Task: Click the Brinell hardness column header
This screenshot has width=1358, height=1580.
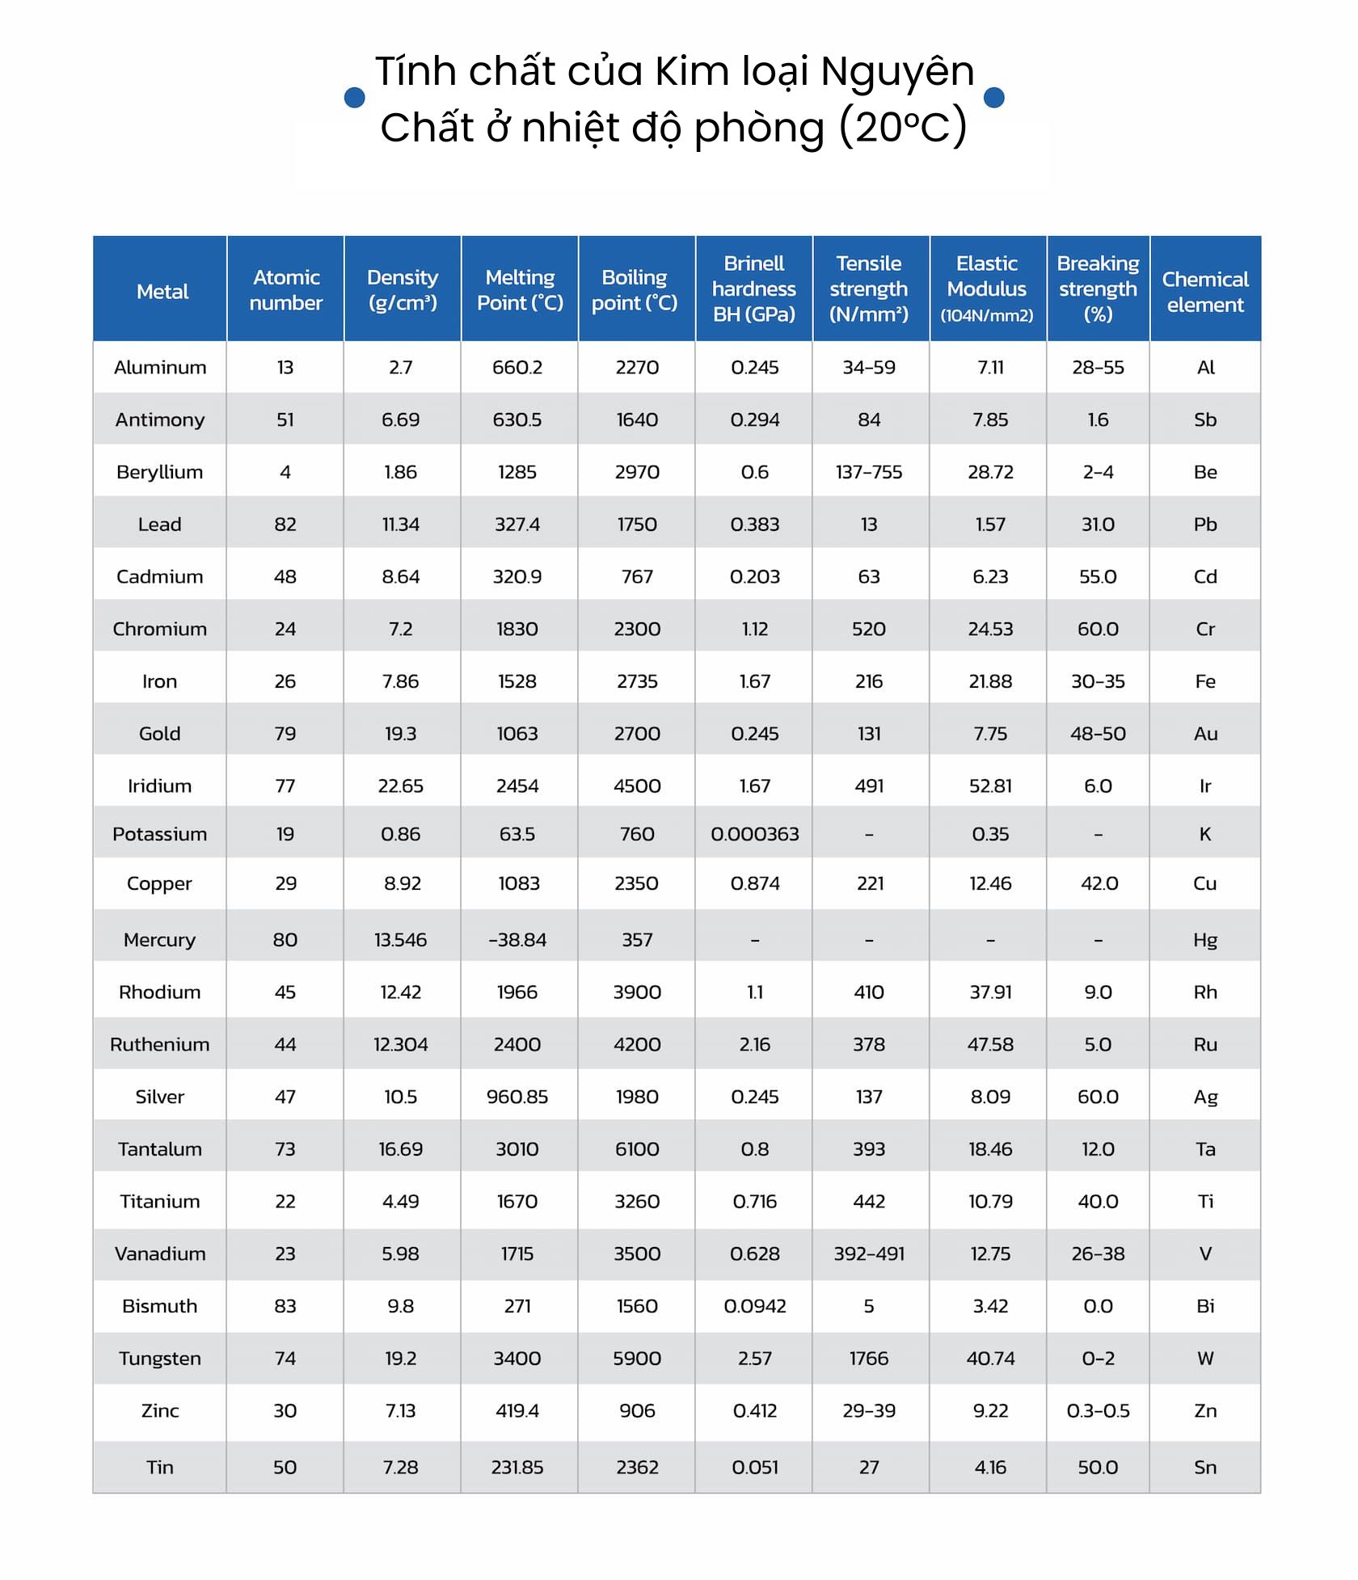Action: tap(753, 289)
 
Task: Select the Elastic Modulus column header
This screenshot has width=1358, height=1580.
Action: tap(987, 289)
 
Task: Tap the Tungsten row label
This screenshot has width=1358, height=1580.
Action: tap(159, 1358)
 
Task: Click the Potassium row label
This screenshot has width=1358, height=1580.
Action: tap(159, 834)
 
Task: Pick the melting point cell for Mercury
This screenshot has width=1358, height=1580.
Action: tap(517, 940)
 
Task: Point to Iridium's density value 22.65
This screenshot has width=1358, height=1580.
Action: tap(401, 786)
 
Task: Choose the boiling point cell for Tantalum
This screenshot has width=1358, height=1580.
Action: tap(637, 1148)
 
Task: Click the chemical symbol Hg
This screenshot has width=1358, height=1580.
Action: tap(1204, 940)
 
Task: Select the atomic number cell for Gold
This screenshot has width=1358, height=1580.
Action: tap(285, 734)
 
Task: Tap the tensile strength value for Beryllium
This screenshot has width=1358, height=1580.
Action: tap(869, 472)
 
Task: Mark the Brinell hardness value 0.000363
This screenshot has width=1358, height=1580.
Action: tap(754, 834)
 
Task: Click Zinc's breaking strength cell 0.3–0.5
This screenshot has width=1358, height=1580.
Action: tap(1098, 1410)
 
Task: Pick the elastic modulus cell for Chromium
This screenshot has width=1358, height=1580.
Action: tap(990, 629)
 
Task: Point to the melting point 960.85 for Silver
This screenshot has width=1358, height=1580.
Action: tap(517, 1097)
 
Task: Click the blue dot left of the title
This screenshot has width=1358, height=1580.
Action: tap(354, 98)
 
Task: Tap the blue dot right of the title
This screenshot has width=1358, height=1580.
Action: tap(993, 98)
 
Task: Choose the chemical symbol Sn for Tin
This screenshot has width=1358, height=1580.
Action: tap(1204, 1467)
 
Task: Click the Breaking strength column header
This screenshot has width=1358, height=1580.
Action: tap(1098, 289)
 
